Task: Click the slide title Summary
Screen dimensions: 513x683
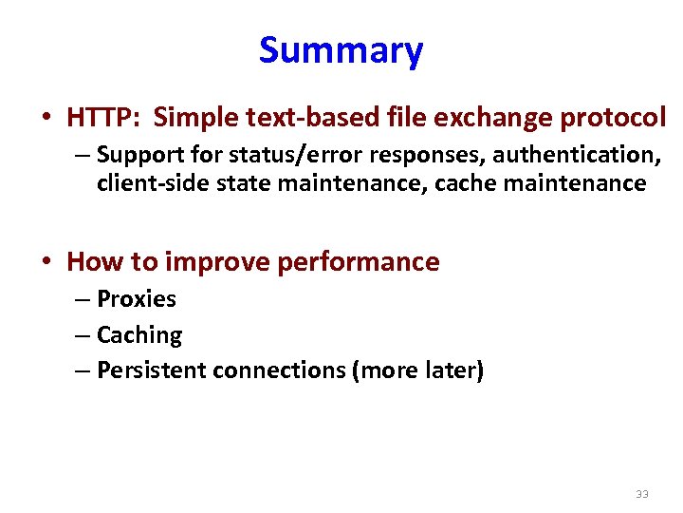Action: pos(341,50)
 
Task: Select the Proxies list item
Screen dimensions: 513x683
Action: pos(137,299)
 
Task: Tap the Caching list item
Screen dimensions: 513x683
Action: pos(139,335)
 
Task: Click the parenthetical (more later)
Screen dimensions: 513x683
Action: pos(417,370)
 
